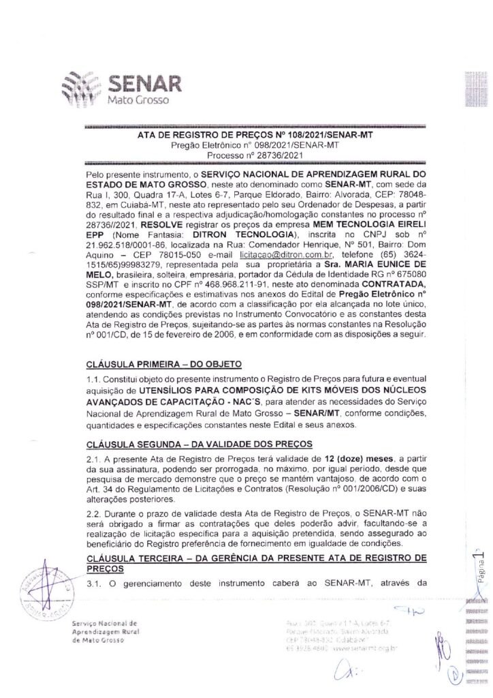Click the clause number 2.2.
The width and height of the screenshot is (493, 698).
click(93, 511)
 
